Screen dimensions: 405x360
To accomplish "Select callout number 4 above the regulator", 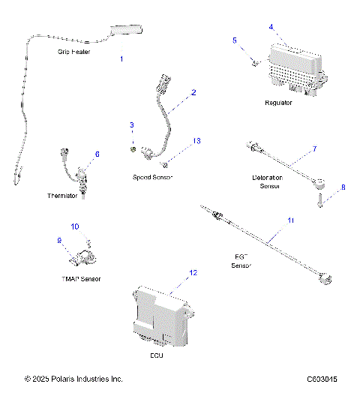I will pos(271,27).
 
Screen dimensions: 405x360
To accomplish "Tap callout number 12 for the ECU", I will pos(193,274).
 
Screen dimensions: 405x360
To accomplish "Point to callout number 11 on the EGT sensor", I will pos(290,220).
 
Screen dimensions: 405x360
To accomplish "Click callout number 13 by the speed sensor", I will pos(197,140).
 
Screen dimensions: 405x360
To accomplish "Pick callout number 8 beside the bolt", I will pos(343,187).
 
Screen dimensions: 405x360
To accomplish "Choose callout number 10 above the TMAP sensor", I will pos(74,226).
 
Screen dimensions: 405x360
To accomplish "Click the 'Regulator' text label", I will pos(278,103).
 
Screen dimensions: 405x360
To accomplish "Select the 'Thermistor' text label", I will pos(62,196).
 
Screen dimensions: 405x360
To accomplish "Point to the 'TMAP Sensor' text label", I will pos(80,278).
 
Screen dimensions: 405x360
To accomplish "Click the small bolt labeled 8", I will pos(321,200).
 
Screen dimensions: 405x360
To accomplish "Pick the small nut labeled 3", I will pos(133,148).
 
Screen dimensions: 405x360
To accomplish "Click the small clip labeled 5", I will pos(256,62).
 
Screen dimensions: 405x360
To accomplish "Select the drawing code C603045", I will pos(322,379).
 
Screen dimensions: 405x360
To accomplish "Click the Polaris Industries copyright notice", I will pos(73,379).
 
